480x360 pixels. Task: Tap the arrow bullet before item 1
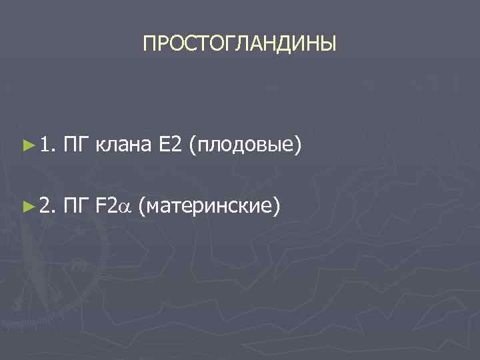[27, 143]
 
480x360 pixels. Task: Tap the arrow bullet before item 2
[27, 207]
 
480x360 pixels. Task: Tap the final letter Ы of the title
[330, 45]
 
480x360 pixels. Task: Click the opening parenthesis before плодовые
[193, 144]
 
